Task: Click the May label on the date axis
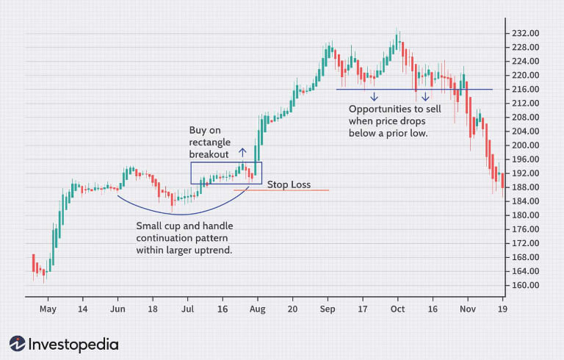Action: tap(48, 309)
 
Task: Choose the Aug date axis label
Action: tap(257, 309)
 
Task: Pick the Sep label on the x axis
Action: tap(327, 309)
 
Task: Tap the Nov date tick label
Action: tap(467, 309)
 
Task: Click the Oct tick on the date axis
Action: tap(397, 309)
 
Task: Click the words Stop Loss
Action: tap(289, 184)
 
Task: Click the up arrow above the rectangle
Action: tap(242, 154)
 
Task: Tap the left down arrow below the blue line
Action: tap(374, 97)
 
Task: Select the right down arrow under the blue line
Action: tap(425, 97)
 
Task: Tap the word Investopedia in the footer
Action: tap(73, 343)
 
